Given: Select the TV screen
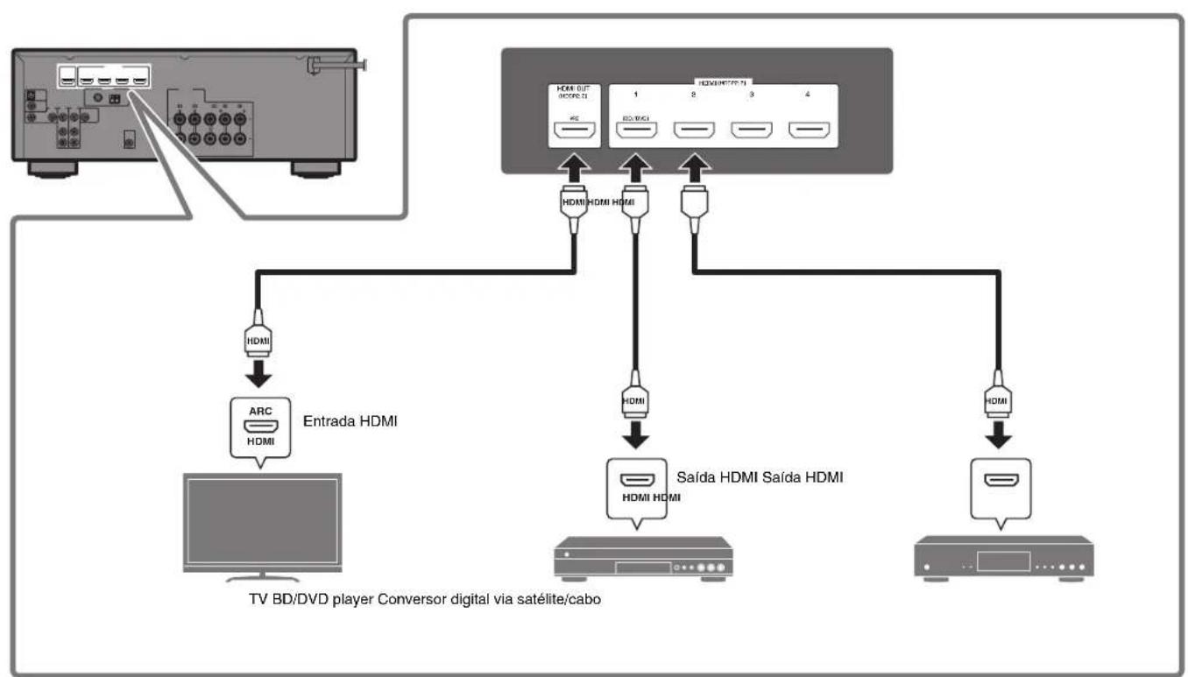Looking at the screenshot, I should (259, 525).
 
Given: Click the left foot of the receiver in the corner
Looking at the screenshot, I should (46, 169).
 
